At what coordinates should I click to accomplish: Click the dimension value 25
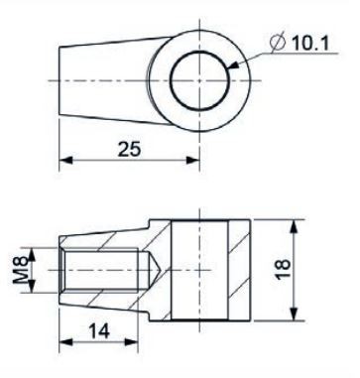click(x=130, y=149)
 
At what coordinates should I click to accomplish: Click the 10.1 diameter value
click(x=310, y=43)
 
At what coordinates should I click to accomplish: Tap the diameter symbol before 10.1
click(x=278, y=43)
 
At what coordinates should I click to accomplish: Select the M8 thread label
click(x=20, y=270)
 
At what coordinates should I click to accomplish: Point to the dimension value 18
click(x=283, y=270)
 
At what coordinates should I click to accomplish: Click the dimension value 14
click(x=99, y=331)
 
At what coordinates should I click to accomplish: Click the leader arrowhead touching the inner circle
click(x=233, y=65)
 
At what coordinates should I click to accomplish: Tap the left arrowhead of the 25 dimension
click(x=65, y=161)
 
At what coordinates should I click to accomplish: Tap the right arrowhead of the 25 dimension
click(x=193, y=161)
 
